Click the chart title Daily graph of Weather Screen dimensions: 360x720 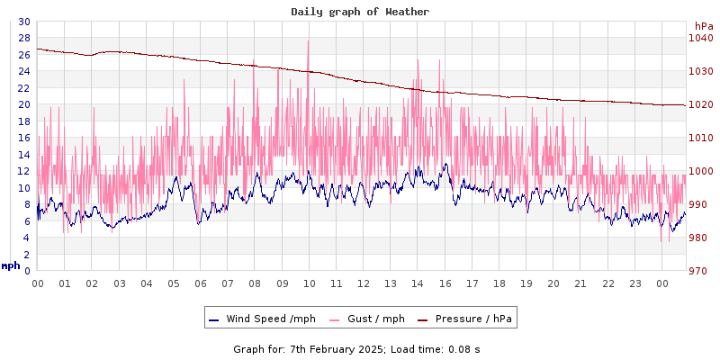coord(360,12)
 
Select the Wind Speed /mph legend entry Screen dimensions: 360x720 coord(270,319)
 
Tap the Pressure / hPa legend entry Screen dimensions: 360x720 coord(472,319)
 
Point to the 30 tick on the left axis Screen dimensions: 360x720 coord(23,22)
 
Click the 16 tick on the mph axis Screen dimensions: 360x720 coord(23,138)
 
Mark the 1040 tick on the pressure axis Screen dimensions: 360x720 coord(700,38)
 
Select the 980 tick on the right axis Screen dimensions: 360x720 coord(700,238)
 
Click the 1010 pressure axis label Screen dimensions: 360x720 coord(700,138)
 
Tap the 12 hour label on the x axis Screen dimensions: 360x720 coord(363,283)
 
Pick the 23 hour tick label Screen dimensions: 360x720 coord(635,283)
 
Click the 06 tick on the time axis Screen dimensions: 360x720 coord(200,283)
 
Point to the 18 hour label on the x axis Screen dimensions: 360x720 coord(526,283)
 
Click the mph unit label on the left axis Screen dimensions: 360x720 coord(11,265)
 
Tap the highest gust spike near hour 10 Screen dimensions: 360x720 coord(309,40)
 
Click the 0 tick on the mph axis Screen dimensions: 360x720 coord(27,271)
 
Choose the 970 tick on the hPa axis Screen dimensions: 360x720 coord(700,271)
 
